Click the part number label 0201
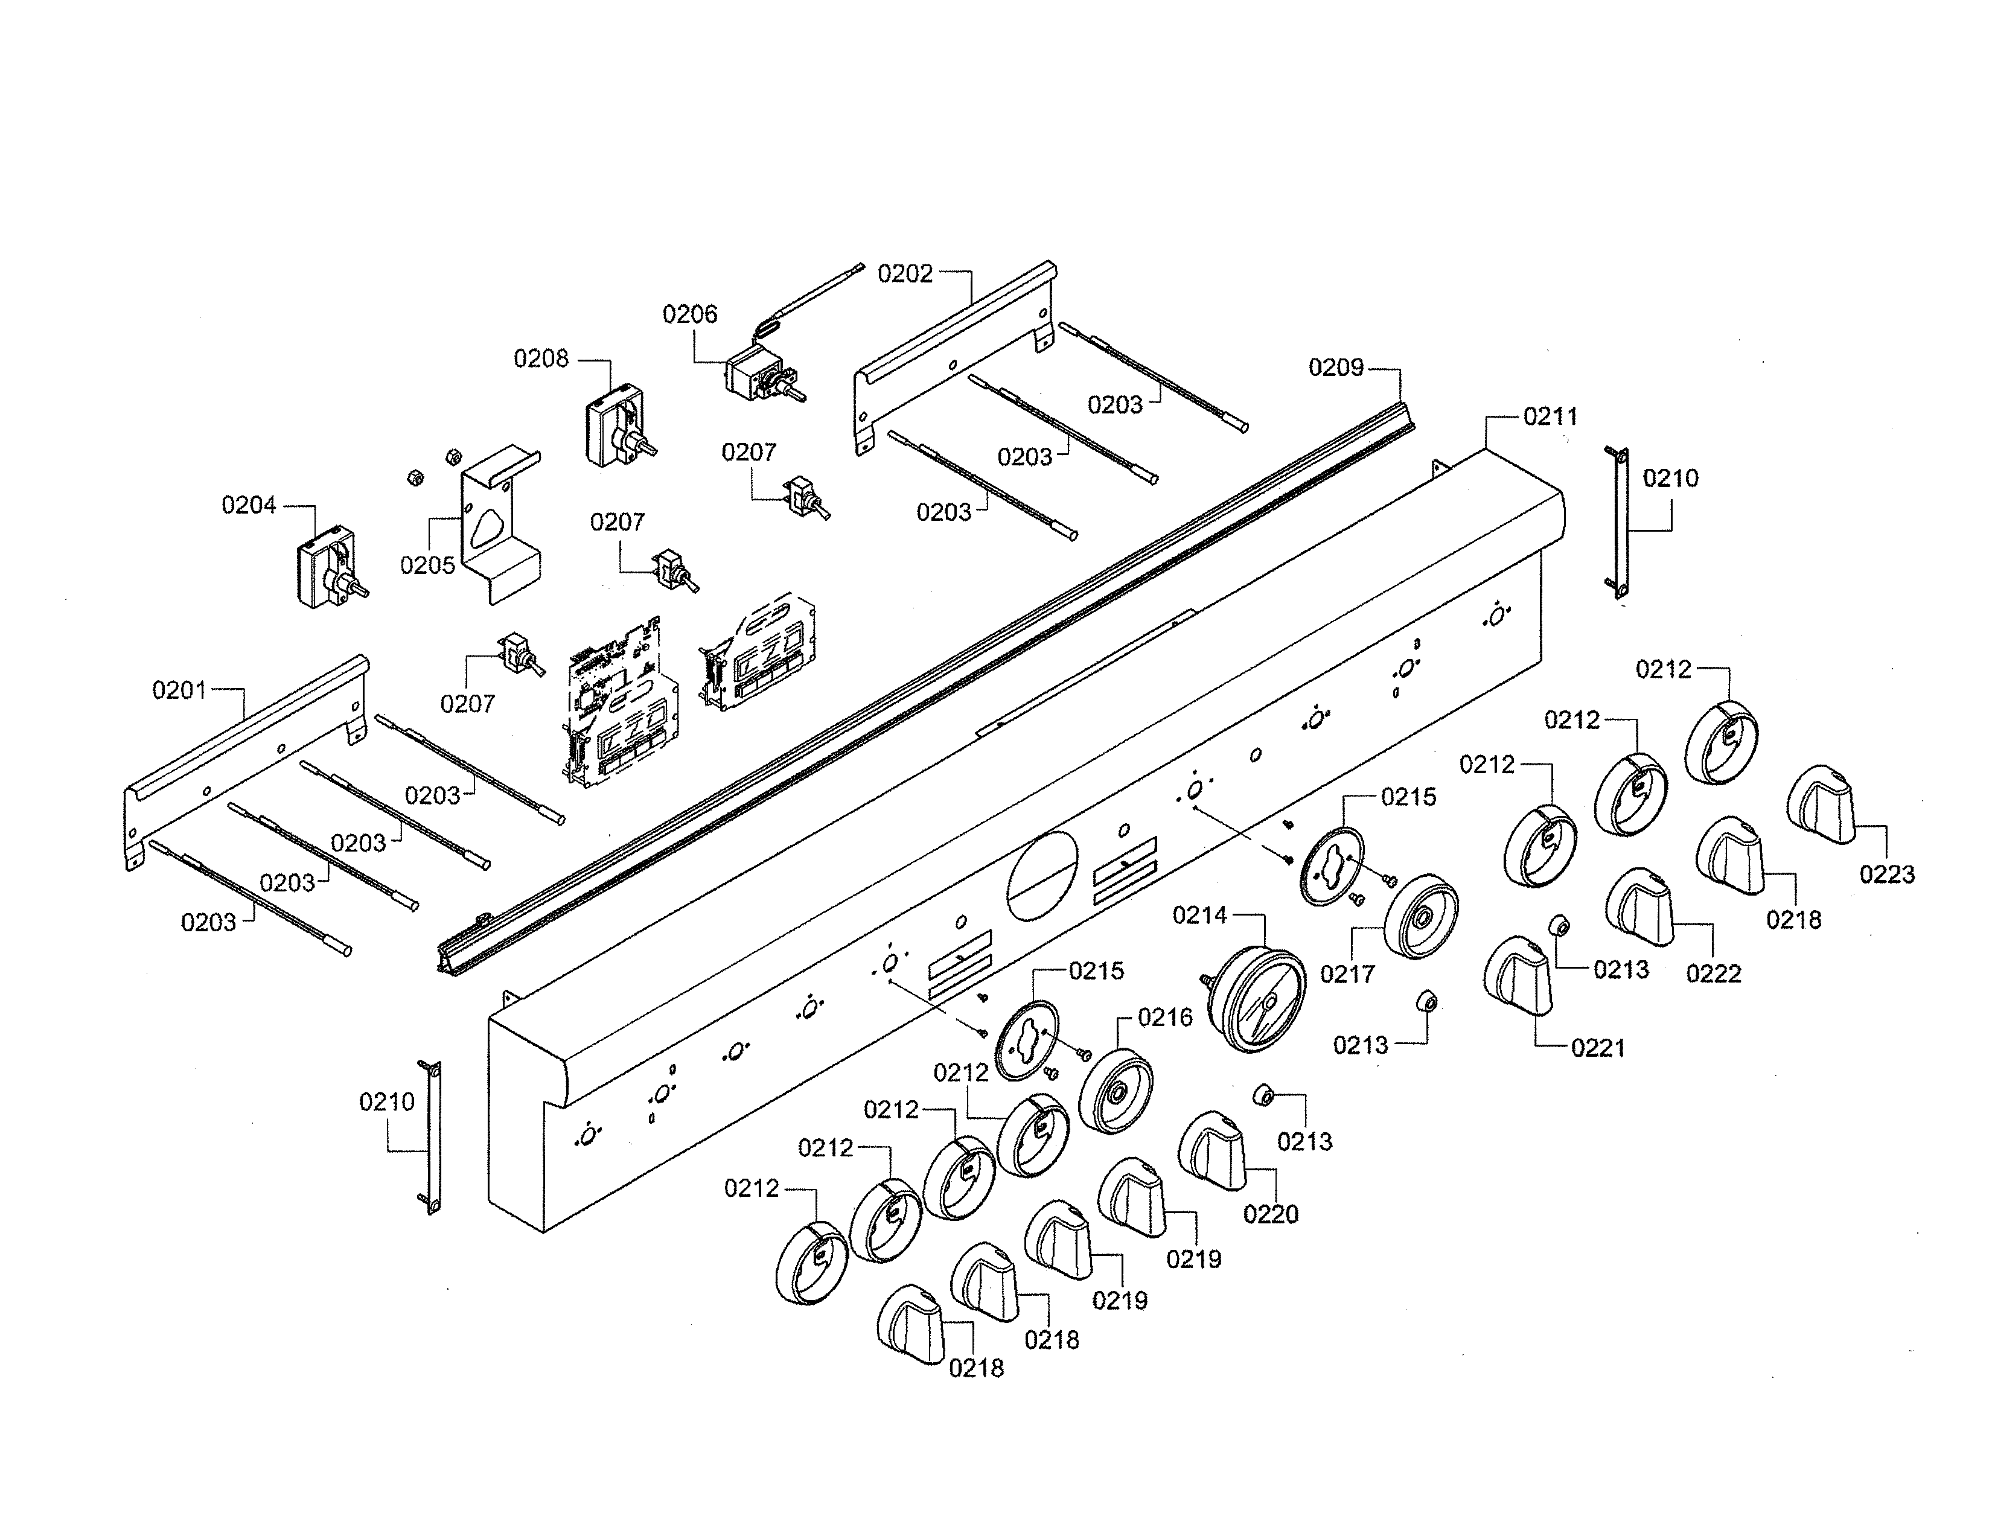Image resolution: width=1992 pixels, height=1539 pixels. click(180, 690)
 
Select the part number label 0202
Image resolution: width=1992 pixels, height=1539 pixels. click(905, 273)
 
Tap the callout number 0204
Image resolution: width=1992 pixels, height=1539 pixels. click(249, 505)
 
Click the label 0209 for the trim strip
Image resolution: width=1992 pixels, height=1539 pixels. click(1335, 368)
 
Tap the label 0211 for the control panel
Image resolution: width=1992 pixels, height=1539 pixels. click(1551, 416)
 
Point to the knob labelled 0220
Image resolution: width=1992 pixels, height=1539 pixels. click(1214, 1150)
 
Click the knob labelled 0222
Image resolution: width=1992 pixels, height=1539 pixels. click(1641, 907)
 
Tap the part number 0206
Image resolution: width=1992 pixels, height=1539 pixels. click(689, 314)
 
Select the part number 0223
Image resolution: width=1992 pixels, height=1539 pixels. click(1887, 875)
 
